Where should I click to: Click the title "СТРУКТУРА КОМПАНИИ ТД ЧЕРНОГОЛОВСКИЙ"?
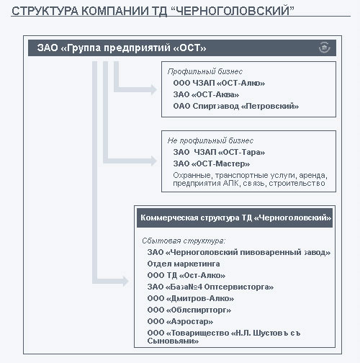tap(153, 11)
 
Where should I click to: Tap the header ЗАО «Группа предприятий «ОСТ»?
tap(122, 48)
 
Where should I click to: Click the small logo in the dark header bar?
tap(324, 48)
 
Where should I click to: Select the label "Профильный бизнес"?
tap(205, 71)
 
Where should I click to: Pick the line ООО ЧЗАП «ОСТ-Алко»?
tap(219, 83)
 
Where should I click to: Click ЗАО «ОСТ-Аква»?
tap(206, 94)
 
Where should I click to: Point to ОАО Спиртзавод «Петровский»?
tap(236, 106)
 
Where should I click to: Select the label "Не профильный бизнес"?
tap(210, 140)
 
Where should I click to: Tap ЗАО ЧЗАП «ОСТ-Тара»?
tap(219, 152)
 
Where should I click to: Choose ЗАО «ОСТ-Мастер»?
tap(212, 163)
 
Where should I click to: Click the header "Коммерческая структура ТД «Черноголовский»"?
tap(235, 218)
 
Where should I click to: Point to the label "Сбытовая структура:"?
tap(184, 241)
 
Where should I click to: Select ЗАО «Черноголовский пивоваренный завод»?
tap(239, 252)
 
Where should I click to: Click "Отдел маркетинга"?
tap(184, 264)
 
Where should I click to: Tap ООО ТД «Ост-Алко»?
tap(186, 275)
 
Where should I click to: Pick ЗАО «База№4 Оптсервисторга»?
tap(210, 287)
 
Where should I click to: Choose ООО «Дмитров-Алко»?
tap(191, 298)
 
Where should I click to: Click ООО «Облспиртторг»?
tap(189, 310)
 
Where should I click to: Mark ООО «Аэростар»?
tap(180, 321)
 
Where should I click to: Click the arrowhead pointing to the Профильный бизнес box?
tap(153, 89)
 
